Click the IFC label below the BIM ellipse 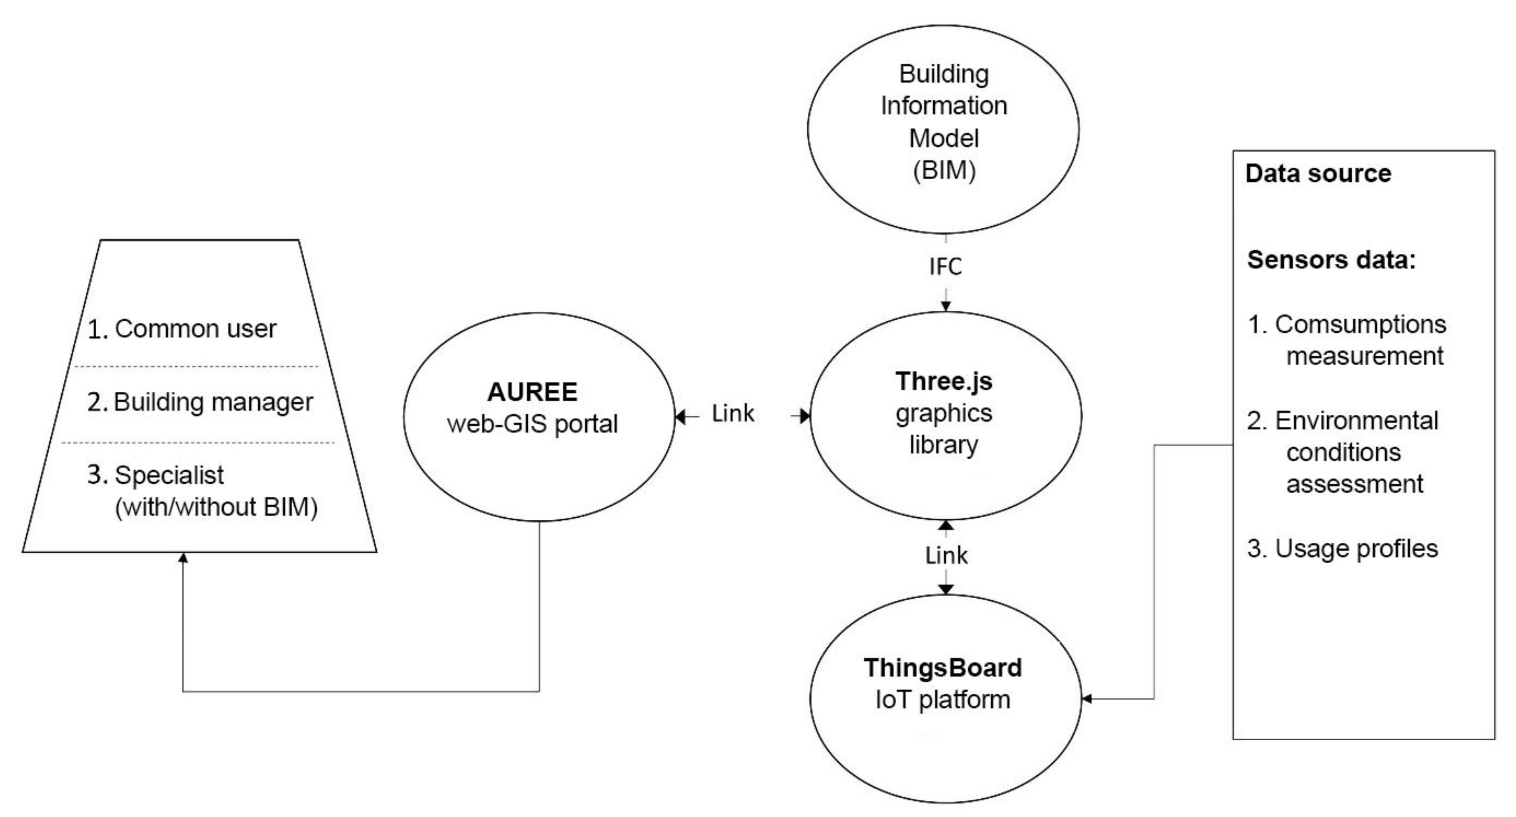(945, 267)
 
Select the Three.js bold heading (944, 381)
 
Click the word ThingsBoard (943, 667)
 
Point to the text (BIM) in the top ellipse (944, 170)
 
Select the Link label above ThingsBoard (946, 555)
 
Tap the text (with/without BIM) (216, 507)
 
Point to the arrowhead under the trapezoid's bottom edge (183, 557)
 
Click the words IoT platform (943, 700)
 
